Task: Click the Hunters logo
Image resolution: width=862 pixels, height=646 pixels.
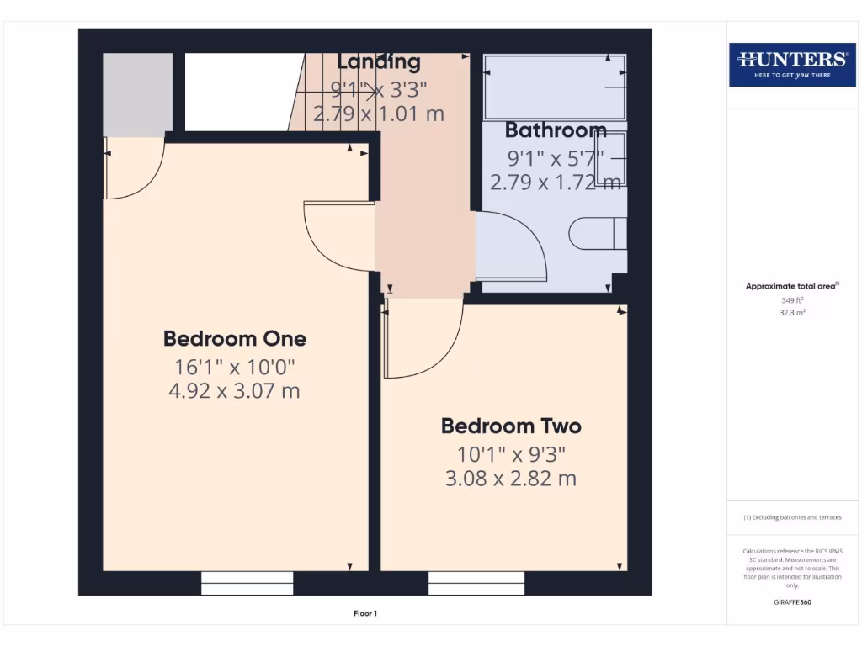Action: point(791,64)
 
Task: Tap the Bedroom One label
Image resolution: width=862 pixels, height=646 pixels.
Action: point(234,339)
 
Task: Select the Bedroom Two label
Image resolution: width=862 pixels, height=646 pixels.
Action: point(511,426)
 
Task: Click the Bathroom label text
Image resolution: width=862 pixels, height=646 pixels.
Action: point(556,130)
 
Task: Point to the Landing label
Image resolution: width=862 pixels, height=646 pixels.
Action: point(378,61)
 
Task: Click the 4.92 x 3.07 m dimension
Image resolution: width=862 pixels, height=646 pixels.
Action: point(234,391)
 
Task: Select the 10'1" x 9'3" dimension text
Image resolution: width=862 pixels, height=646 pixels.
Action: point(511,454)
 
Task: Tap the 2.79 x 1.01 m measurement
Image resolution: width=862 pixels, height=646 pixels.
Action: point(378,114)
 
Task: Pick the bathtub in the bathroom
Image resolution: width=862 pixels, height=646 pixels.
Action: point(554,86)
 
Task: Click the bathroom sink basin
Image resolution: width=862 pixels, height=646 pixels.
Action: point(610,157)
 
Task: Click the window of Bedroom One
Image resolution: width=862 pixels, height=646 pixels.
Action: point(247,583)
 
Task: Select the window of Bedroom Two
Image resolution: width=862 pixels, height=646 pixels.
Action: point(476,583)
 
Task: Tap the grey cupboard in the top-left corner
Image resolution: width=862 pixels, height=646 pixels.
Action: point(137,93)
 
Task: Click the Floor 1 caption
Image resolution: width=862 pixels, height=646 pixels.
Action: point(364,614)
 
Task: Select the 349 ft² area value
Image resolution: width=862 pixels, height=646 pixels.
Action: point(791,299)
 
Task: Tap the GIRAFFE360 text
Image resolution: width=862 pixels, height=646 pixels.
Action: point(791,602)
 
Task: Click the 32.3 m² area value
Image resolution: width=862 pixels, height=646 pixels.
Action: point(791,312)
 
